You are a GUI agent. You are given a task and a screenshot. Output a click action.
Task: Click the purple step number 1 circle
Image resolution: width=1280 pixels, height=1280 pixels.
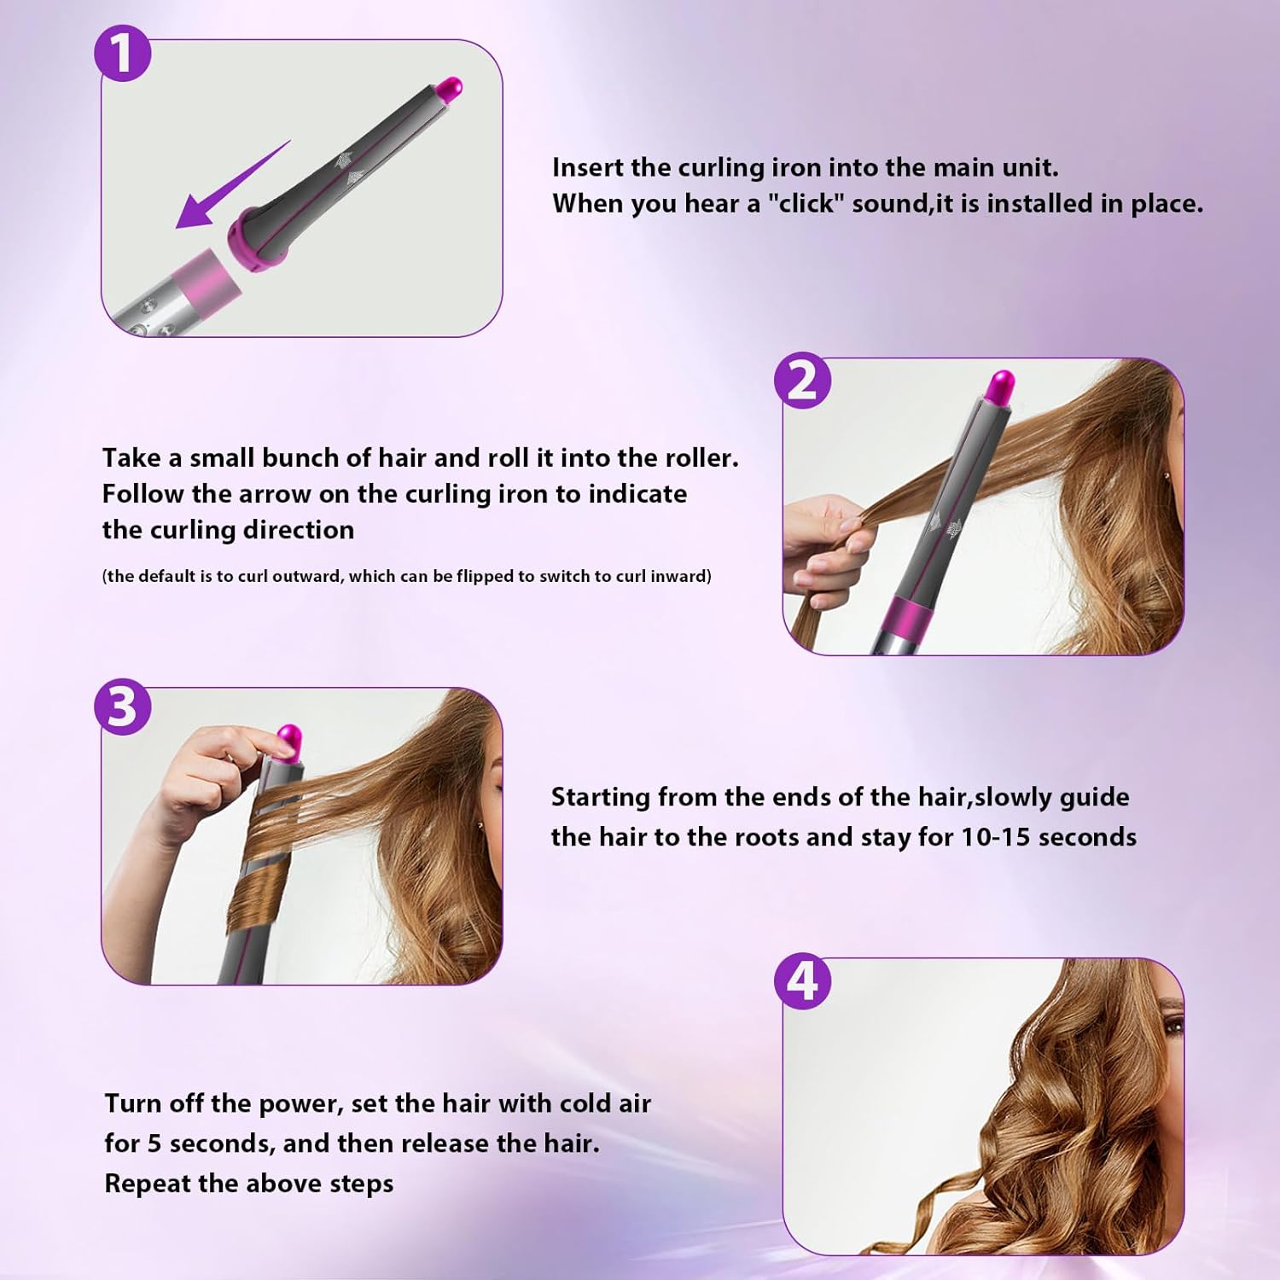click(x=122, y=53)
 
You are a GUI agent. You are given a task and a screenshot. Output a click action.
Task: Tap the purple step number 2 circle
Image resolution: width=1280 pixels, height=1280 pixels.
click(x=802, y=381)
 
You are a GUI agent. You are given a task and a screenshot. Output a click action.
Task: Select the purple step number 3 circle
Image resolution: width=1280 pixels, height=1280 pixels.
click(x=122, y=707)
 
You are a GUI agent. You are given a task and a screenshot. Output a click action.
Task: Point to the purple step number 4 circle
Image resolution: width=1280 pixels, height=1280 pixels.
click(x=802, y=981)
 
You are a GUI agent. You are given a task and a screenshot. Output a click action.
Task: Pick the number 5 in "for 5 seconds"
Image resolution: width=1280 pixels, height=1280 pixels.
click(x=154, y=1143)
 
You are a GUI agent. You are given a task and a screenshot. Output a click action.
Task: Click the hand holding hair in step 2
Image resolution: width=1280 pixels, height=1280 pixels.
click(x=828, y=546)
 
